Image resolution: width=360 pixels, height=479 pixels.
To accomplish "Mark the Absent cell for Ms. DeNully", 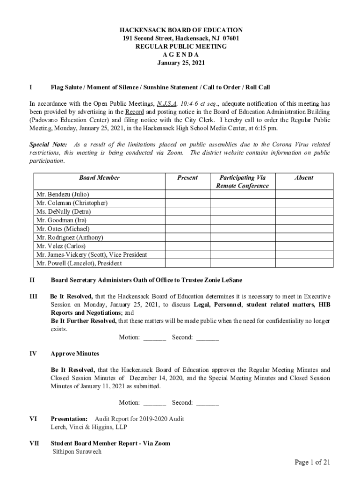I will [x=304, y=211].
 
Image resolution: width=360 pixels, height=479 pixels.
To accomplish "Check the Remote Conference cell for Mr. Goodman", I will [x=242, y=220].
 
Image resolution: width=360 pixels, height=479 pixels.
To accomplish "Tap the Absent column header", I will [x=304, y=178].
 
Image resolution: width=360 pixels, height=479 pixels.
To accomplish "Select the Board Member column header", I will [x=99, y=178].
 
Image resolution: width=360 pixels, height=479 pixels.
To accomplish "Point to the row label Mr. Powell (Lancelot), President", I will [x=79, y=263].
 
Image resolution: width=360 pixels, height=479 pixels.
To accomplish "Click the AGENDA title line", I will [x=180, y=55].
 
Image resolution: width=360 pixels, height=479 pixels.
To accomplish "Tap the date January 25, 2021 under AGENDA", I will [x=180, y=63].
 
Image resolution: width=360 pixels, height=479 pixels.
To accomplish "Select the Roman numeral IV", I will [x=33, y=354].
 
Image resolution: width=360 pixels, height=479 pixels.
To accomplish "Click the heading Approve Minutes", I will [x=75, y=354].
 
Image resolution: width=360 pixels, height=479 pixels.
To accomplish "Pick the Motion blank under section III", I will [x=155, y=338].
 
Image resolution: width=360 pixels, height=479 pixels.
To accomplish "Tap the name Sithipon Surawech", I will [x=76, y=452].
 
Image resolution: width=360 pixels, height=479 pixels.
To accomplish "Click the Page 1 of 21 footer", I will [x=312, y=463].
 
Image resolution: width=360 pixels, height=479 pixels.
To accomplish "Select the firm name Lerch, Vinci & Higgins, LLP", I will [x=89, y=427].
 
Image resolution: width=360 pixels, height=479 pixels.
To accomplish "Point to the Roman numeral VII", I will [x=35, y=443].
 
